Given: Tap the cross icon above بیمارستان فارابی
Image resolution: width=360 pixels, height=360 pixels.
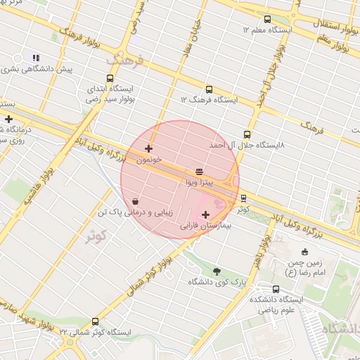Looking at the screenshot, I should tap(205, 214).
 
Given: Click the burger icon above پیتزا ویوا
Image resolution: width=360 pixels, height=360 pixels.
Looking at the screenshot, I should tap(200, 172).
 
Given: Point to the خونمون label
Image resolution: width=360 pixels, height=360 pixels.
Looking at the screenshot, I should tap(148, 160).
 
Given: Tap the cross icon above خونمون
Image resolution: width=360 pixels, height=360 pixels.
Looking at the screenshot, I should tap(148, 148).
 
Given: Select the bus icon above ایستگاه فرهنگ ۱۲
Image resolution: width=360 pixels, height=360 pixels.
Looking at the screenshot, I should tap(209, 89).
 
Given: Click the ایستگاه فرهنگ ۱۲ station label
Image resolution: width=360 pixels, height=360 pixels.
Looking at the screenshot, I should tap(209, 100).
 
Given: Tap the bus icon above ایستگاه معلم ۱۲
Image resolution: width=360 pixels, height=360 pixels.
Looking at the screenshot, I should tap(267, 19).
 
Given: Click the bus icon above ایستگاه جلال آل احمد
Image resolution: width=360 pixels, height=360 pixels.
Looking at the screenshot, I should tap(246, 134).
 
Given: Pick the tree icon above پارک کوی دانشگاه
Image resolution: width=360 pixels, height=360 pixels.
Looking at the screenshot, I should tap(216, 271).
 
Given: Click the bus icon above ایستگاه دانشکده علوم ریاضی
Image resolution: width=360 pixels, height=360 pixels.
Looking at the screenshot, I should tap(274, 289).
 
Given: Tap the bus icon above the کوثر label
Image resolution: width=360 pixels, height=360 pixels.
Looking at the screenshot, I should tap(243, 198).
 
